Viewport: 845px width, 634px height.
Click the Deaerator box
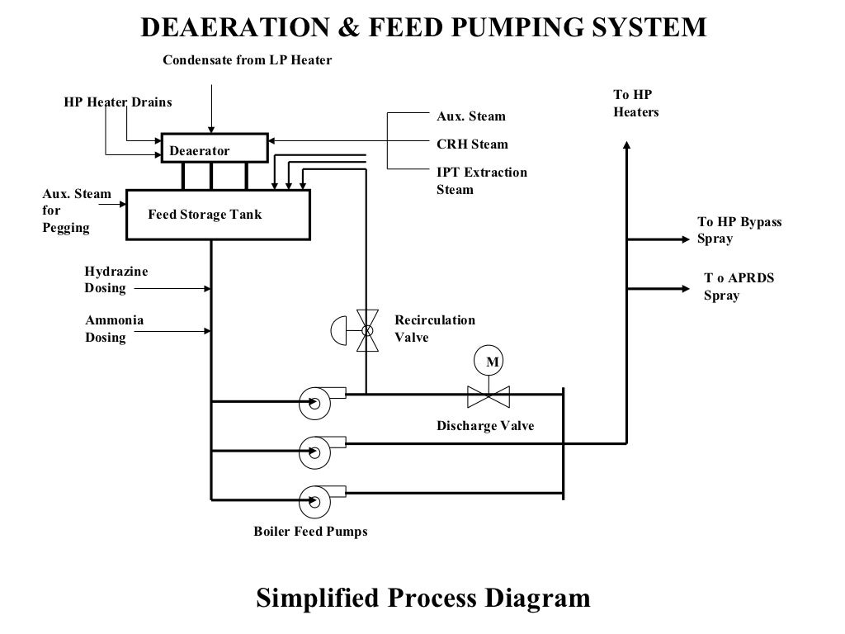[x=214, y=147]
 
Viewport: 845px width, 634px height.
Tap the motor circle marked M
[x=489, y=362]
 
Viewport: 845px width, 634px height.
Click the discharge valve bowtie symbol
[x=489, y=396]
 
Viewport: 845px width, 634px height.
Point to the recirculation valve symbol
[x=366, y=330]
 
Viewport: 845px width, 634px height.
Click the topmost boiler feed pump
[x=314, y=402]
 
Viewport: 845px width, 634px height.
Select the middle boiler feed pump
[x=314, y=451]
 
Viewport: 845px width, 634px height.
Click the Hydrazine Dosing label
[x=106, y=280]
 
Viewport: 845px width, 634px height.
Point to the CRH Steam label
[x=472, y=144]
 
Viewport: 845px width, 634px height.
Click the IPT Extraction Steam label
[x=481, y=181]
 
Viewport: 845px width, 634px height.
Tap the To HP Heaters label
[x=635, y=103]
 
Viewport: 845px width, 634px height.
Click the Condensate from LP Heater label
[x=247, y=60]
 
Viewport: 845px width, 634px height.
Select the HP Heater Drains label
[x=118, y=102]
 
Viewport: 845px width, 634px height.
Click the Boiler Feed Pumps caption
[x=310, y=532]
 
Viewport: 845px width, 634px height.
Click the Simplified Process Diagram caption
[x=423, y=598]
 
